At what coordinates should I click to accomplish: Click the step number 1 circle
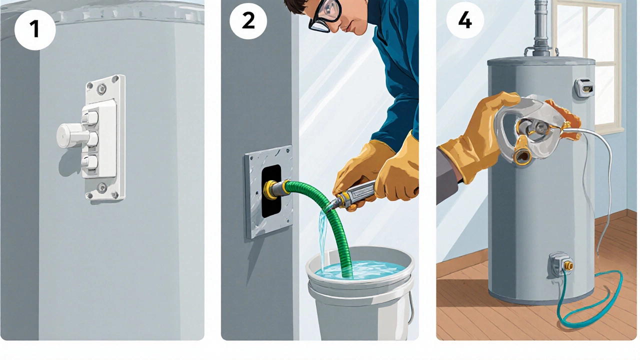pos(35,29)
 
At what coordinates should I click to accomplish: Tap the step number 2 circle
pos(248,20)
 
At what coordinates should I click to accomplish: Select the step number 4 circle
pos(465,20)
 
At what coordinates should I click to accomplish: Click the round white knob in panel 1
pos(70,135)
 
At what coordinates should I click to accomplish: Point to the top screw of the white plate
pos(101,88)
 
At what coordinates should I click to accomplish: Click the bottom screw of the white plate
pos(102,187)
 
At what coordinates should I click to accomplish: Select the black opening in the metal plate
pos(271,191)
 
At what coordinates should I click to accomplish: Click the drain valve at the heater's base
pos(559,265)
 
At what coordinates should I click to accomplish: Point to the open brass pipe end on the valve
pos(522,156)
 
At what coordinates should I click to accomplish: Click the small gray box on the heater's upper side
pos(584,88)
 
